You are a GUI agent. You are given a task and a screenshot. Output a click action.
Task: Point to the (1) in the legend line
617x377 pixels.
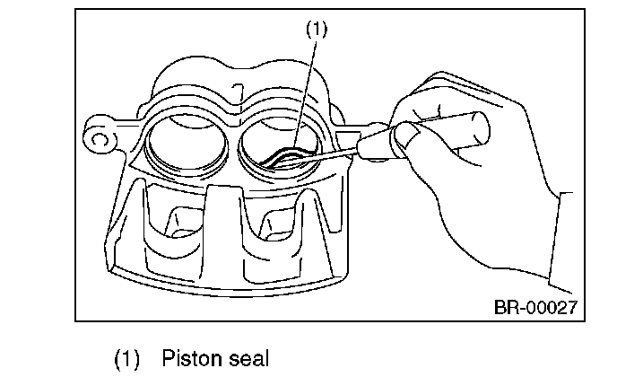click(126, 359)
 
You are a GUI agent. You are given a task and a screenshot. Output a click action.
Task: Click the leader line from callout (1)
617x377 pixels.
click(304, 90)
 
